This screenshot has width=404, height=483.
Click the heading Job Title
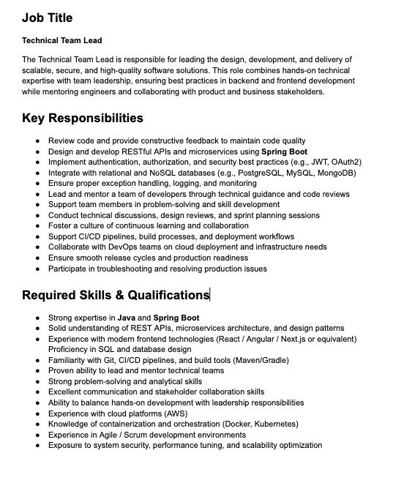(47, 18)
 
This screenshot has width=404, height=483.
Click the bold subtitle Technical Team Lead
(62, 40)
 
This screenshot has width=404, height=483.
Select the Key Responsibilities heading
(82, 118)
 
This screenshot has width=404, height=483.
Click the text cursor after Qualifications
(211, 295)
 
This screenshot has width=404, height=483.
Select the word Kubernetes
(274, 424)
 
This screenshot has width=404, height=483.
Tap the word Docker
(236, 424)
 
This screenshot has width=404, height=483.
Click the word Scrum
(135, 435)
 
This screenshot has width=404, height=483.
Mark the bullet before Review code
(36, 141)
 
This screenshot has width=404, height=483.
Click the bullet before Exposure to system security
(36, 445)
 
